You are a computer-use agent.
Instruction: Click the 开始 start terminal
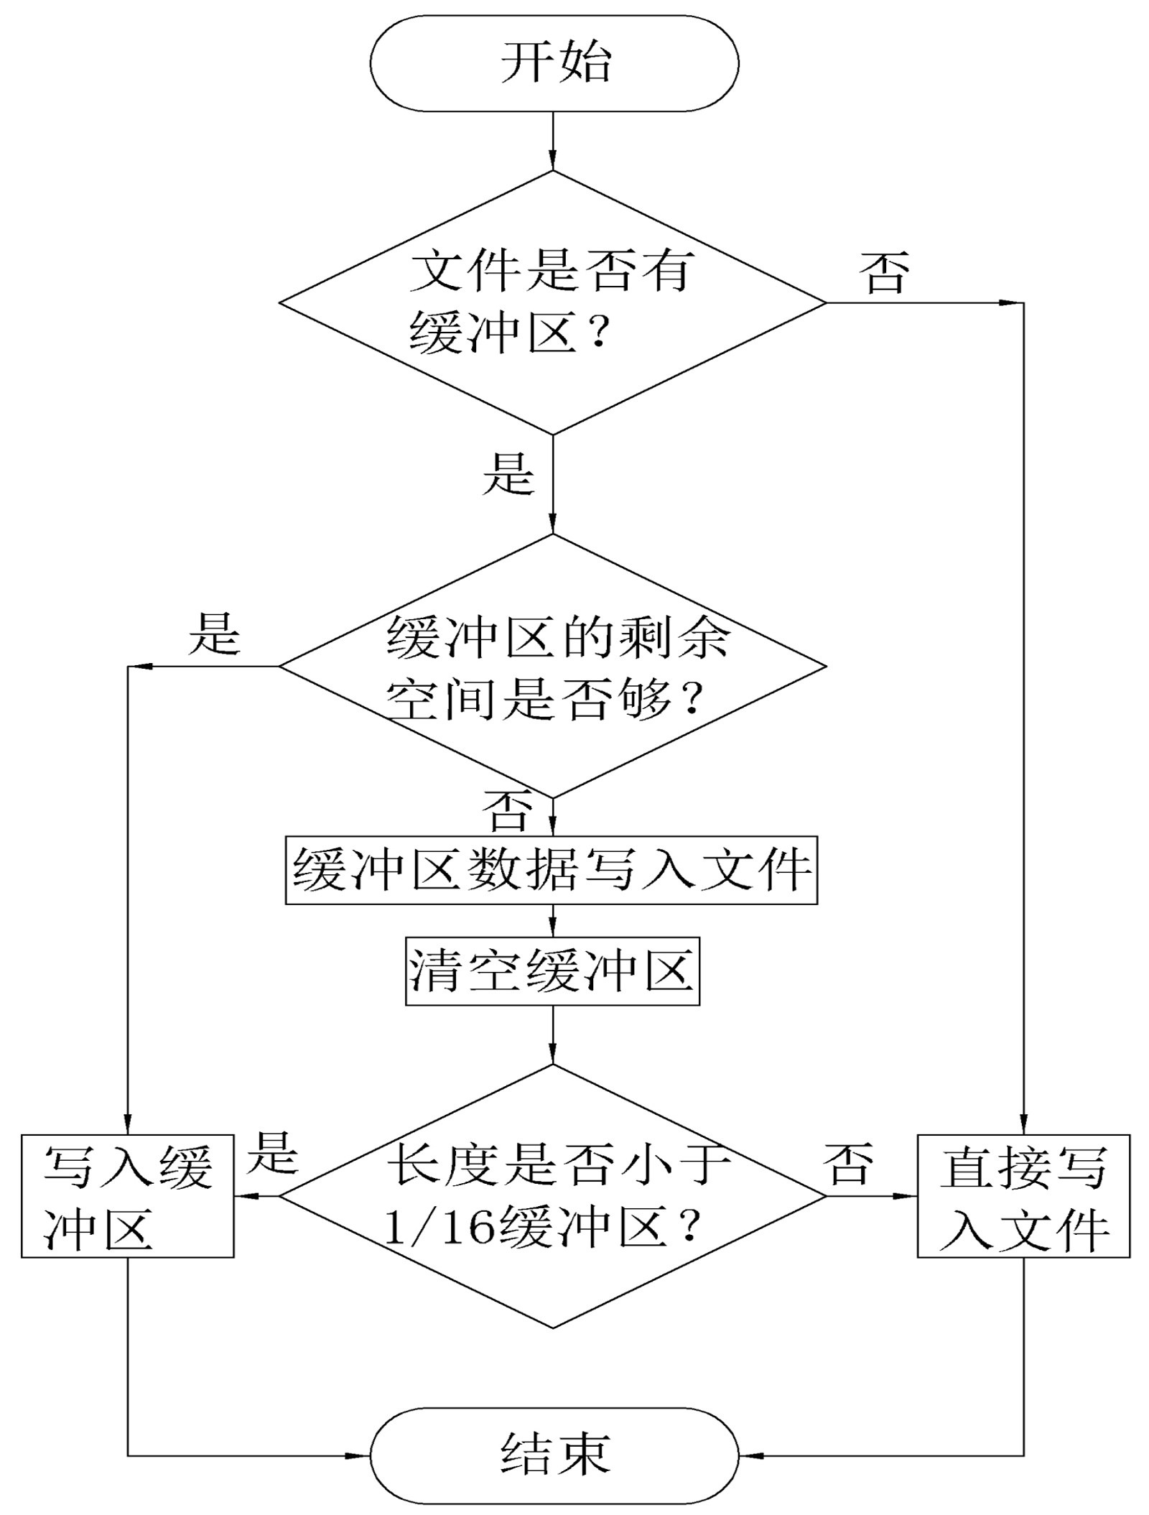[554, 63]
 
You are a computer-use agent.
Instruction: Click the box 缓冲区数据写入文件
[551, 870]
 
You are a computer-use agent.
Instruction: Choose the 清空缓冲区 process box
[552, 971]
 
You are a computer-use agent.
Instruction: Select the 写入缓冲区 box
[127, 1197]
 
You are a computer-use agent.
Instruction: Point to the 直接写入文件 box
[1023, 1197]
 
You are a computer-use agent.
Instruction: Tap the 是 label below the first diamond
[508, 473]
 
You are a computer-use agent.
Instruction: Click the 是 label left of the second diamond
[213, 633]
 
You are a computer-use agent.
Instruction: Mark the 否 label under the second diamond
[508, 811]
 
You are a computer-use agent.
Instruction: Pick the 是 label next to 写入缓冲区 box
[272, 1153]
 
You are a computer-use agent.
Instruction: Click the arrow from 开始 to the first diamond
[552, 141]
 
